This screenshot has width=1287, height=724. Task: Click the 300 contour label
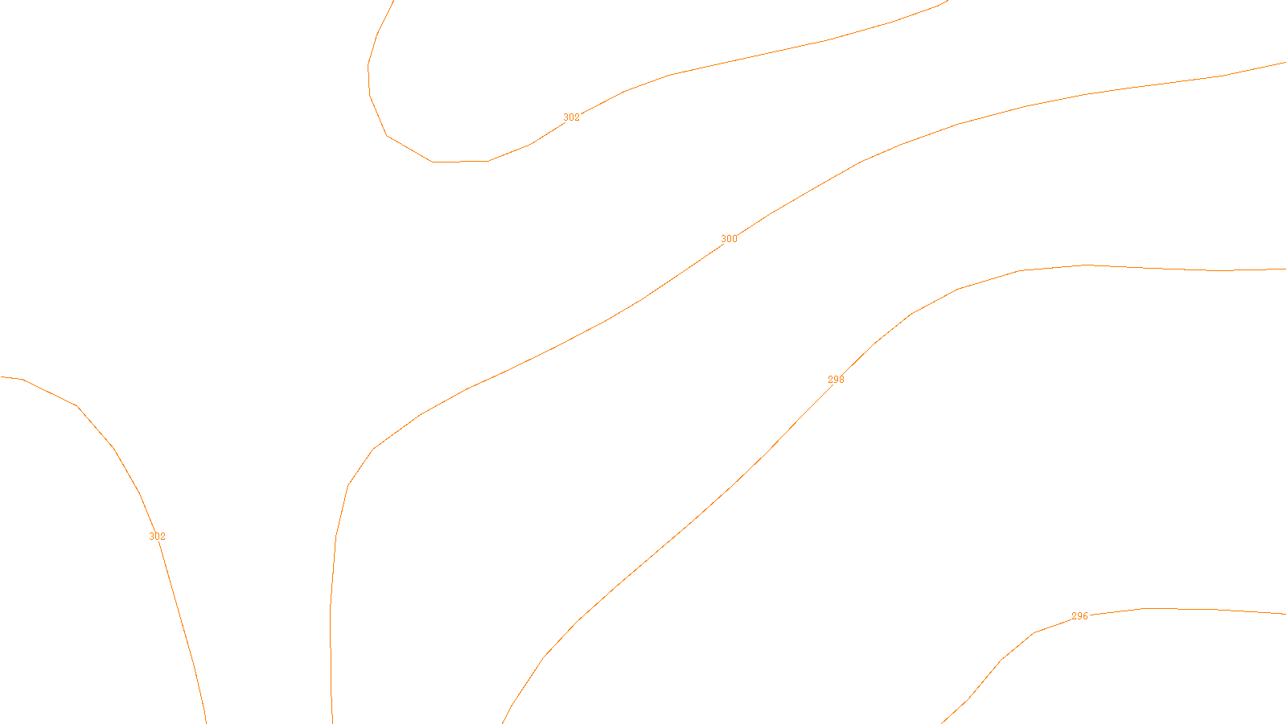coord(729,239)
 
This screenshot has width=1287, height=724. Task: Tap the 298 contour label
coord(836,380)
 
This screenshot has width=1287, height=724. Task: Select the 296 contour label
coord(1079,616)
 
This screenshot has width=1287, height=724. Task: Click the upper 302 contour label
coord(571,117)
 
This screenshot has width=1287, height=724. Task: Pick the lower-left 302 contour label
coord(157,537)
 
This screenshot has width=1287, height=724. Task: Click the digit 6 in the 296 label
coord(1085,616)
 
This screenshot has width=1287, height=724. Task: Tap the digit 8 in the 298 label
coord(841,380)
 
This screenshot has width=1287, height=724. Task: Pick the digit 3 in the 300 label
coord(723,239)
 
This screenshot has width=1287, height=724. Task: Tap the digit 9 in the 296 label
coord(1079,616)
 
